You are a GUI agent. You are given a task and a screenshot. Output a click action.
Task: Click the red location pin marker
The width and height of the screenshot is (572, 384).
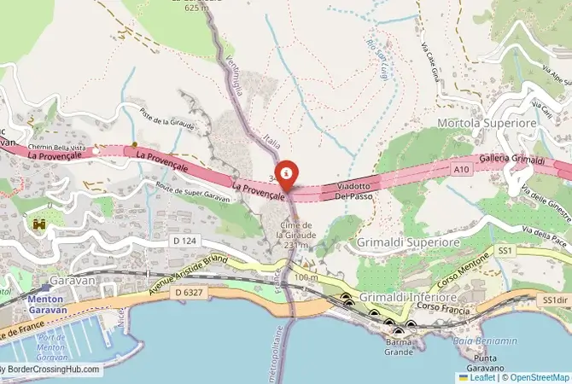coord(287,174)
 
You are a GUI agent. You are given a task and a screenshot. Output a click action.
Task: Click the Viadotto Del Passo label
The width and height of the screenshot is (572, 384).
coord(353,190)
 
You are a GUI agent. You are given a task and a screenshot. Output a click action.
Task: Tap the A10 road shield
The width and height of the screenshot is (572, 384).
coord(461,171)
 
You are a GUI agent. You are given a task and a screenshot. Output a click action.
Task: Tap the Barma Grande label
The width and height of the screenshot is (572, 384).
coord(399,346)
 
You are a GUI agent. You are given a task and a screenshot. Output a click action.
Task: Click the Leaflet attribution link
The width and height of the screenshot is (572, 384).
coord(482,376)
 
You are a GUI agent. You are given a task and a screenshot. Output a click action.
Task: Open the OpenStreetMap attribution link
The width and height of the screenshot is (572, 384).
coord(539,376)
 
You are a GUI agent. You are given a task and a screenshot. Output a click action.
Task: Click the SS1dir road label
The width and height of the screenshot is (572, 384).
coord(555,300)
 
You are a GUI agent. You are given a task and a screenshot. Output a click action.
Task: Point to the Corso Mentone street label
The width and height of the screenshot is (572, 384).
coord(456,279)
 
